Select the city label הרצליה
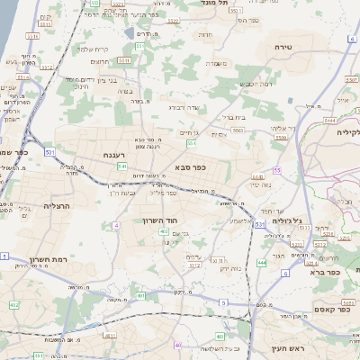(x=56, y=206)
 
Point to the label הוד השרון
(x=162, y=220)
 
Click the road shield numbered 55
(x=278, y=170)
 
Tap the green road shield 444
(x=261, y=261)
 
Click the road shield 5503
(x=236, y=131)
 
